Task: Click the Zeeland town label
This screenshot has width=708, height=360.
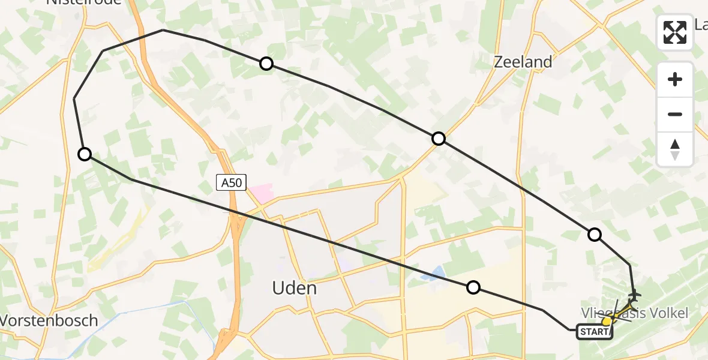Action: [522, 62]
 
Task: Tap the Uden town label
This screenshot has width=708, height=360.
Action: [294, 288]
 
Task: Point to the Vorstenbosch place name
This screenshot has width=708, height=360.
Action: [48, 320]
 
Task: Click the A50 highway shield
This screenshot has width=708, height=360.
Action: [232, 182]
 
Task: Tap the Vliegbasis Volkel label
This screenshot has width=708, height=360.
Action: [634, 313]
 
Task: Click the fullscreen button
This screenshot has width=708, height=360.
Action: [675, 32]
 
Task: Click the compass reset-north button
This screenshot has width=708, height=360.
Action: [675, 149]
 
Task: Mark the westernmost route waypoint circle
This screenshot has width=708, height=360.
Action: [85, 154]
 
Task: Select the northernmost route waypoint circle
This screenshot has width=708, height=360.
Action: [266, 64]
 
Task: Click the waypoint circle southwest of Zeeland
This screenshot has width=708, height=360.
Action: [439, 139]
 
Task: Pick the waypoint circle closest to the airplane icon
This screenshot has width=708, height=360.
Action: [594, 235]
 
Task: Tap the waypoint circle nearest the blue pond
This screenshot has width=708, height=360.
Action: [473, 287]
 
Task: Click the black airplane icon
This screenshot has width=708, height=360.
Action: [634, 296]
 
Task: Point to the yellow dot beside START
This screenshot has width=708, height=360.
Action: [607, 322]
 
